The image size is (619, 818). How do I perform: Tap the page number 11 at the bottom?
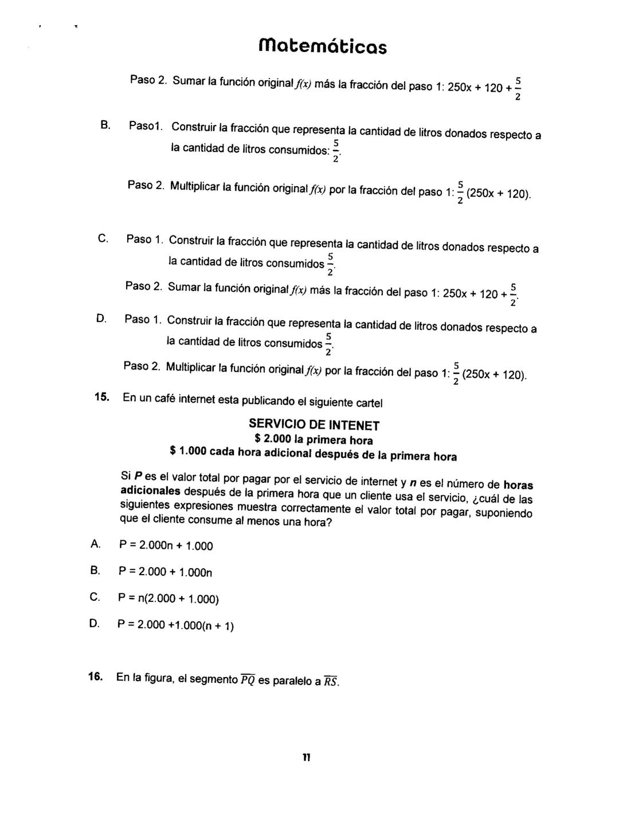point(307,757)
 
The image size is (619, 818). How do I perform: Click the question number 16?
point(96,677)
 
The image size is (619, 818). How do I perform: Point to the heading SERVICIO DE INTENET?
point(314,425)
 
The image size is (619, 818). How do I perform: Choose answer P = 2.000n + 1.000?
point(166,546)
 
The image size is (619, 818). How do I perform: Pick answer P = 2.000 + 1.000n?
point(166,572)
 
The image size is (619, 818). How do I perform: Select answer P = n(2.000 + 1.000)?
point(169,599)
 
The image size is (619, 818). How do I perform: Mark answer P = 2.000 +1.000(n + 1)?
point(177,625)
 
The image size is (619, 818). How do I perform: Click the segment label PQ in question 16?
point(248,680)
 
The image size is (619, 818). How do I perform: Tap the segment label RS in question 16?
point(331,682)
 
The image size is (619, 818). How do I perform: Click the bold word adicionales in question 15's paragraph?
point(151,491)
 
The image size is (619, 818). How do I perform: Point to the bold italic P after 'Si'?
point(138,477)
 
